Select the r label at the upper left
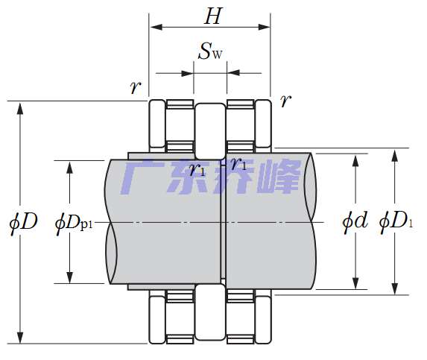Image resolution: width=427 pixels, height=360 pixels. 135,88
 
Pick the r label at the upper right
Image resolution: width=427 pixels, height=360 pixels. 284,101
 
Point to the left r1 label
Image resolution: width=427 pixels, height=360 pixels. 197,169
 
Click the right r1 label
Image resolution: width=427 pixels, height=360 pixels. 238,164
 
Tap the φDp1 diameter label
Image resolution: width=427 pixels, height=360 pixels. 77,222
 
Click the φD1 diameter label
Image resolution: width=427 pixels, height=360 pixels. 395,221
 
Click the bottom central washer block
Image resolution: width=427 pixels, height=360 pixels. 210,312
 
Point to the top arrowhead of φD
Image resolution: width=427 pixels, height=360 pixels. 20,107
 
